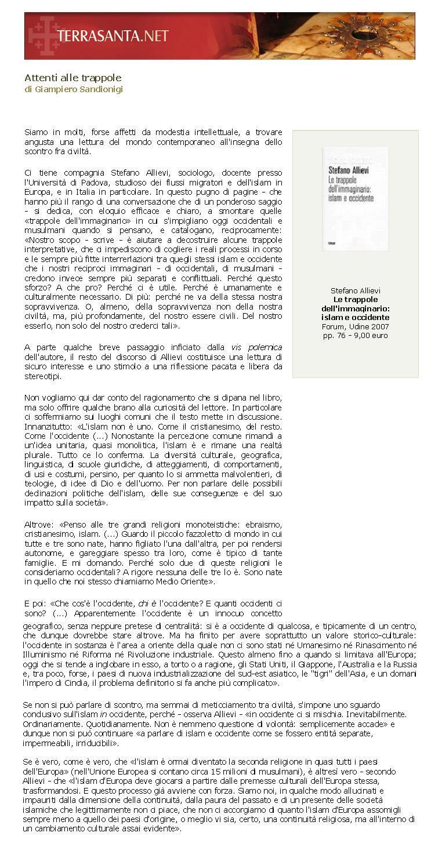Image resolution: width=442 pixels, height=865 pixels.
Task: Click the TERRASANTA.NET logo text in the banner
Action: click(113, 36)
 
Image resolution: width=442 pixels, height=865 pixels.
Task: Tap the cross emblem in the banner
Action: click(44, 35)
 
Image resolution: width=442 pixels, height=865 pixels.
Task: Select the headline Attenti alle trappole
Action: click(73, 78)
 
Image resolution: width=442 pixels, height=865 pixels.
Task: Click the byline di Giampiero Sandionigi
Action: click(74, 89)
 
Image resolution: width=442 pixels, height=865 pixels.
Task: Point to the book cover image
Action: click(355, 199)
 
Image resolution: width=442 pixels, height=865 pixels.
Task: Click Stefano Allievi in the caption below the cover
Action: click(355, 290)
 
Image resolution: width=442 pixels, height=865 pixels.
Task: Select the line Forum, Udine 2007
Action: click(355, 326)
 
